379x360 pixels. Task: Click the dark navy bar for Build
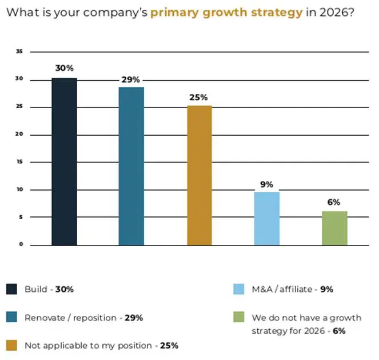coord(64,161)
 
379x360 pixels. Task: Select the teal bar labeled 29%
coord(131,166)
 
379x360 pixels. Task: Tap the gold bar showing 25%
coord(199,175)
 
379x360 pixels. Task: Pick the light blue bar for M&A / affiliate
coord(266,218)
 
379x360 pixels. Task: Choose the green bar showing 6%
coord(334,228)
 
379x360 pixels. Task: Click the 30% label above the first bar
coord(64,68)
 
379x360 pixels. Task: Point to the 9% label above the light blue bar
coord(266,184)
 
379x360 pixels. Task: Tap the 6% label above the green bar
coord(334,202)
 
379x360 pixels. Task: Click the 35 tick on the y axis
coord(19,52)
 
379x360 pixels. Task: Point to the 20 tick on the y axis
coord(19,134)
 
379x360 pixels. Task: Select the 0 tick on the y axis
coord(21,245)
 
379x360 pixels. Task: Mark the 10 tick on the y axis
coord(19,189)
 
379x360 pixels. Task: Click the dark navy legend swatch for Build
coord(12,289)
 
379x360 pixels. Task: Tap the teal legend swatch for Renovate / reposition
coord(12,317)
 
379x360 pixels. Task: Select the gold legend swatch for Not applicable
coord(12,345)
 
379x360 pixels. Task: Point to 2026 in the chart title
coord(334,13)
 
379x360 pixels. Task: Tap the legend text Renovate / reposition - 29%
coord(83,318)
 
